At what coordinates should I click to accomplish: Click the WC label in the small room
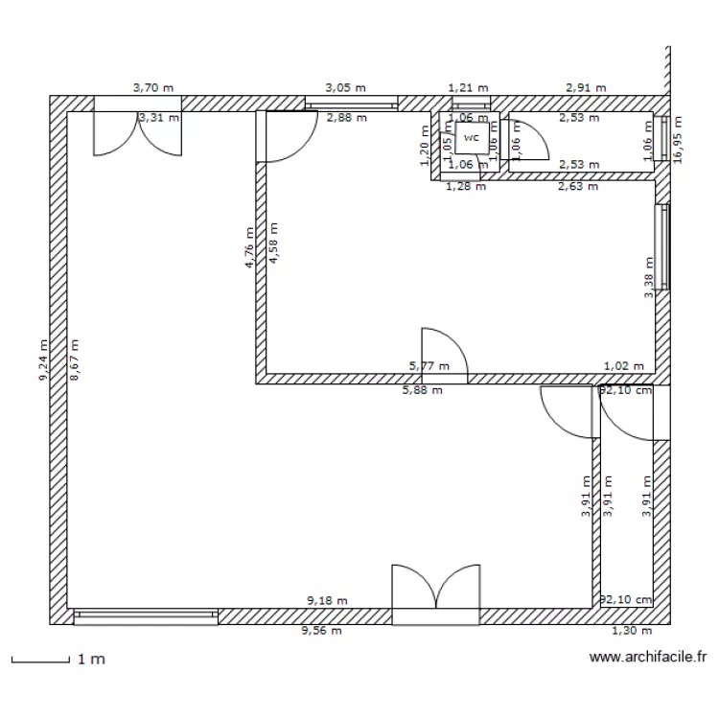click(x=470, y=138)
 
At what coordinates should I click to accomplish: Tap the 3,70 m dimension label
click(x=153, y=87)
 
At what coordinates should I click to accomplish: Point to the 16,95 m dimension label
click(x=679, y=141)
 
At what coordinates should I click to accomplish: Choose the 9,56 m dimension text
click(x=321, y=631)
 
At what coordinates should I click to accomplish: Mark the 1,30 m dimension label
click(x=632, y=631)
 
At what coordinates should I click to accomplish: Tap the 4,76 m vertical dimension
click(x=249, y=247)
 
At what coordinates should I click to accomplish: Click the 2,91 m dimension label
click(x=586, y=87)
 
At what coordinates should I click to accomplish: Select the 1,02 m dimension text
click(x=624, y=365)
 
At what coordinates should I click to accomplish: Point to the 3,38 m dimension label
click(x=649, y=278)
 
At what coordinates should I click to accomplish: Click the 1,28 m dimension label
click(x=466, y=186)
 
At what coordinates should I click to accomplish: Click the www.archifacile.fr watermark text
click(x=648, y=658)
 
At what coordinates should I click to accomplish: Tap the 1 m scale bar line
click(x=40, y=661)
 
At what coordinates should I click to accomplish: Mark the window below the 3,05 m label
click(x=351, y=104)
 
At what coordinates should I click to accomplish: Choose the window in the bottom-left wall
click(x=146, y=615)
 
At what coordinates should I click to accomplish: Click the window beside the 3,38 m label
click(x=661, y=246)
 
